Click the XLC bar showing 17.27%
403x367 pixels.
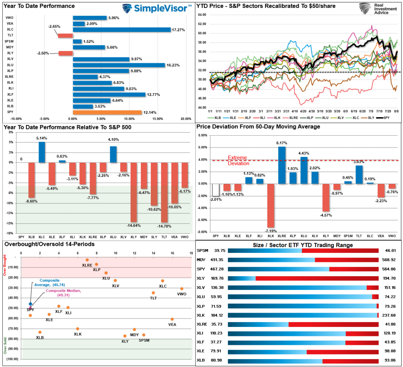click(x=121, y=30)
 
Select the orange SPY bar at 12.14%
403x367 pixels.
click(x=107, y=112)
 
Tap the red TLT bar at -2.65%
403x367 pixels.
click(x=65, y=36)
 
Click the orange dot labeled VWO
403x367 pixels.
click(x=181, y=289)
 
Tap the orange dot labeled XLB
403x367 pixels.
click(x=40, y=332)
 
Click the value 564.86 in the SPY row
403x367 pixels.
click(x=389, y=269)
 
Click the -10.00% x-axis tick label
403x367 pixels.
click(x=16, y=118)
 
